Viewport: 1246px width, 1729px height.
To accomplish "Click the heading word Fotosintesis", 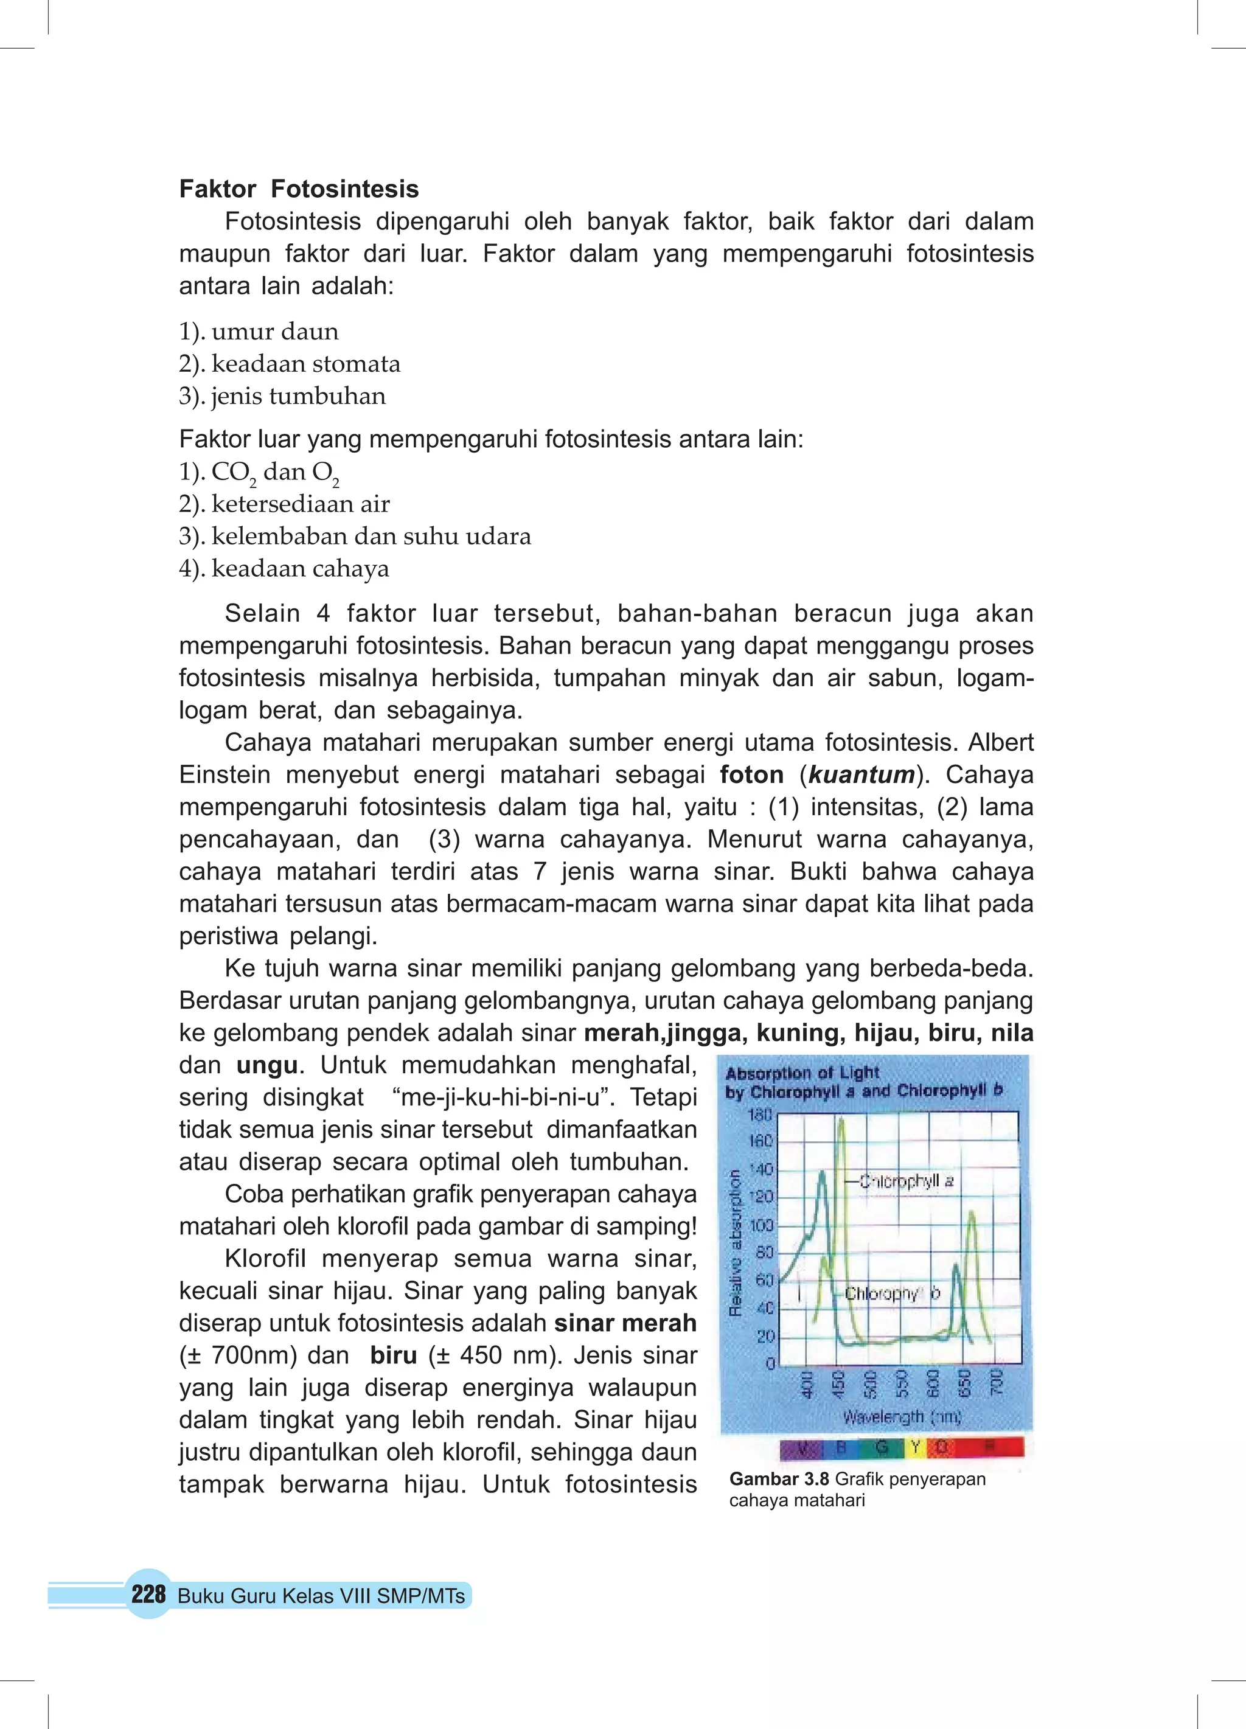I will [x=345, y=189].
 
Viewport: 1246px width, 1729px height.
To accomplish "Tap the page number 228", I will [x=148, y=1594].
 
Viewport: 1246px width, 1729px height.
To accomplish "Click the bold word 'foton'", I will [x=751, y=774].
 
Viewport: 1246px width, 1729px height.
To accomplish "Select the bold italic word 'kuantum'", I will [x=861, y=774].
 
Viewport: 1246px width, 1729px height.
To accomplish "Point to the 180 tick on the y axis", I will [x=760, y=1115].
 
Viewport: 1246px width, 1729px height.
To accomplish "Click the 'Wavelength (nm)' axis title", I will [x=902, y=1416].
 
